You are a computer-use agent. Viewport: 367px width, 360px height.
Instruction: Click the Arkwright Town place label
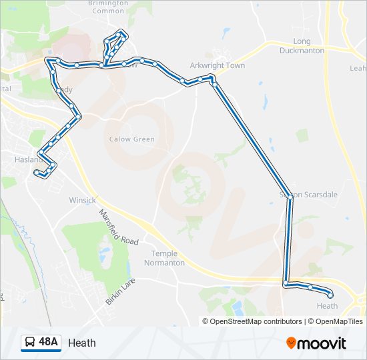pos(217,65)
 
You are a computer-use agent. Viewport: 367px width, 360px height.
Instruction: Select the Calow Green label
pos(132,139)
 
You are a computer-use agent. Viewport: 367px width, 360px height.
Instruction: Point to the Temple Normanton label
pos(167,258)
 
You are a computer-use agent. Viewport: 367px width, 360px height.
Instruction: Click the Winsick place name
pos(83,200)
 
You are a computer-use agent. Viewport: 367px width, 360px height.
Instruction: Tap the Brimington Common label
pos(108,7)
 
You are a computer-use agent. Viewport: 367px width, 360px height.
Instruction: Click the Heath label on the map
pos(327,306)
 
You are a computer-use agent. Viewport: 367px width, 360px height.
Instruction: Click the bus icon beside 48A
pos(30,343)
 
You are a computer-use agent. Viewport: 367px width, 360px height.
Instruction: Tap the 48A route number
pos(48,343)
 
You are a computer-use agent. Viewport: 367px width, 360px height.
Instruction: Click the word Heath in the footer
pos(81,343)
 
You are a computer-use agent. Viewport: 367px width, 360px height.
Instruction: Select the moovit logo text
pos(323,343)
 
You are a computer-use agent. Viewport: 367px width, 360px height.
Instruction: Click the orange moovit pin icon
pos(291,343)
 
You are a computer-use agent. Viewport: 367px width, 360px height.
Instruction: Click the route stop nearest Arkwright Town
pos(213,79)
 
